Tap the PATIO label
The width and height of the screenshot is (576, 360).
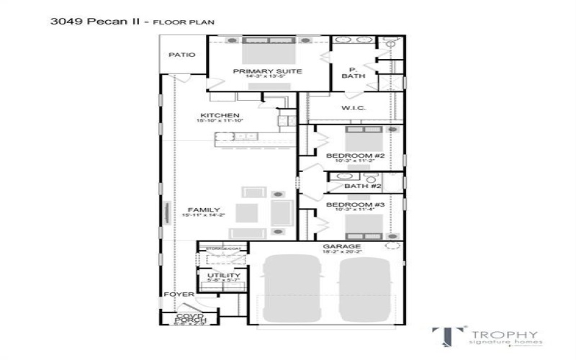(181, 54)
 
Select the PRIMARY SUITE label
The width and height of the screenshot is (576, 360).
(267, 71)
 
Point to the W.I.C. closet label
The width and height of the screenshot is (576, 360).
(354, 108)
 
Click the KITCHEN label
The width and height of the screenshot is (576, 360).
(220, 115)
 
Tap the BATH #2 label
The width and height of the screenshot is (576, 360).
(362, 186)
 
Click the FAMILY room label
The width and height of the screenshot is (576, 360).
(204, 210)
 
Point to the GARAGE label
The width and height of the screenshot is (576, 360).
(342, 247)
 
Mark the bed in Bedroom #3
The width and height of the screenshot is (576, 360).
(364, 225)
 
